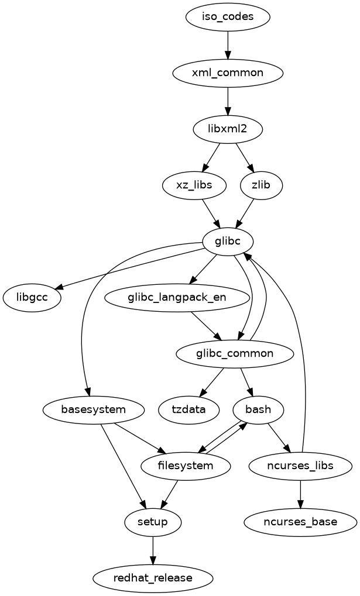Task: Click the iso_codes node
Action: [x=228, y=16]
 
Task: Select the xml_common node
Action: [x=228, y=73]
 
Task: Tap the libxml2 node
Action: [x=228, y=129]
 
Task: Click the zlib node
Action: [x=262, y=185]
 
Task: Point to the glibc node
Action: [x=228, y=241]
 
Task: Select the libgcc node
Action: [x=33, y=297]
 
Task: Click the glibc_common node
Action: [x=234, y=353]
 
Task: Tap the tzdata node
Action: [x=189, y=409]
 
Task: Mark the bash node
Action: [x=258, y=409]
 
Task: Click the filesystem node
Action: [x=186, y=466]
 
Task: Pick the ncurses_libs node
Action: [x=300, y=466]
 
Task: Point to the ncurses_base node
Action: [x=300, y=522]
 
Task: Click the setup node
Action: [x=153, y=522]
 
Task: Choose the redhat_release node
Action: [x=153, y=578]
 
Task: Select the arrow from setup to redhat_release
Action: [x=153, y=550]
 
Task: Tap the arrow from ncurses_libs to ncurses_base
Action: [x=300, y=494]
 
